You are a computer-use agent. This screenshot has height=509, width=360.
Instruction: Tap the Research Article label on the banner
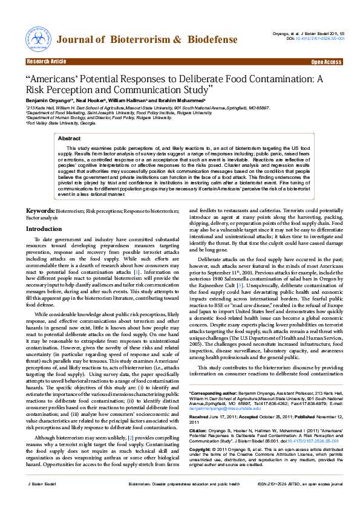[x=47, y=62]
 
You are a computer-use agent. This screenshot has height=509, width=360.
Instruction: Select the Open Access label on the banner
[x=327, y=62]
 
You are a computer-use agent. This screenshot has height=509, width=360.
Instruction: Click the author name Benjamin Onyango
[x=49, y=99]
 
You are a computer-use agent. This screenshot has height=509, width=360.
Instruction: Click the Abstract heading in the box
[x=69, y=138]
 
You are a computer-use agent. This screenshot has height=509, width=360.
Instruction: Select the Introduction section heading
[x=44, y=229]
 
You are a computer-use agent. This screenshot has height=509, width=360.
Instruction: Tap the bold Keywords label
[x=39, y=211]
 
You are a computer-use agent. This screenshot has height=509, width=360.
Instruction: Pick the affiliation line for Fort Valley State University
[x=61, y=123]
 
